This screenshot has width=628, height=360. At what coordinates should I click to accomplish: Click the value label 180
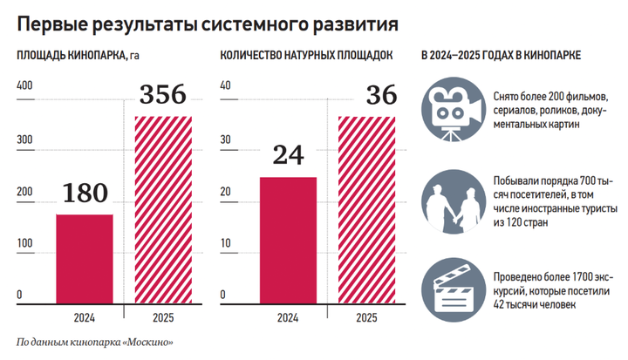85,193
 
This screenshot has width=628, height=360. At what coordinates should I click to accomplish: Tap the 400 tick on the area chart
24,85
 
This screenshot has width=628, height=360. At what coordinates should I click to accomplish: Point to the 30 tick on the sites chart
225,139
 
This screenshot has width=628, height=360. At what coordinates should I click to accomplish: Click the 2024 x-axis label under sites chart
288,318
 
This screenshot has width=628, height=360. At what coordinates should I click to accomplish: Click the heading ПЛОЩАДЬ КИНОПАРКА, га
78,56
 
